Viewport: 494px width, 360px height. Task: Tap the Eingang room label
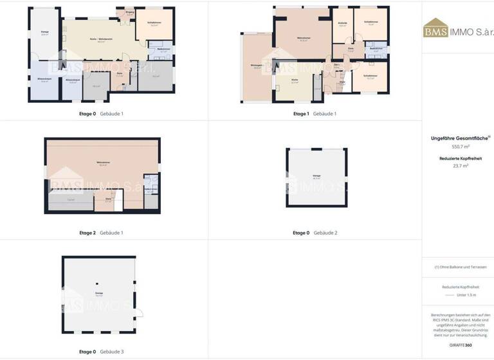coord(129,12)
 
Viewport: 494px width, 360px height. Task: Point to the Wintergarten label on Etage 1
coord(257,66)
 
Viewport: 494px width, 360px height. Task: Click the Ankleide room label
coord(342,23)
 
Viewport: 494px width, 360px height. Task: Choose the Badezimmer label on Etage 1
coord(376,50)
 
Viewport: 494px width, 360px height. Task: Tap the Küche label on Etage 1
coord(295,81)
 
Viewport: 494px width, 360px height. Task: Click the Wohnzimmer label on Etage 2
coord(102,163)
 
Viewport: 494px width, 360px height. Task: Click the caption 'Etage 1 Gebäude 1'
coord(315,114)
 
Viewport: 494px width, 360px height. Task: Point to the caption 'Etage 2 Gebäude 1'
coord(101,233)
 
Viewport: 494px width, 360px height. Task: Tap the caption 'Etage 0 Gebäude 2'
coord(315,233)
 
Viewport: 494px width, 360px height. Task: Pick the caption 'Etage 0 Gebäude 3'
coord(101,352)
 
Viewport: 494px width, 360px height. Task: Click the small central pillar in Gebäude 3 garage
coord(96,283)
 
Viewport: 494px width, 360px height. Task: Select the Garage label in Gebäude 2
coord(316,175)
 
